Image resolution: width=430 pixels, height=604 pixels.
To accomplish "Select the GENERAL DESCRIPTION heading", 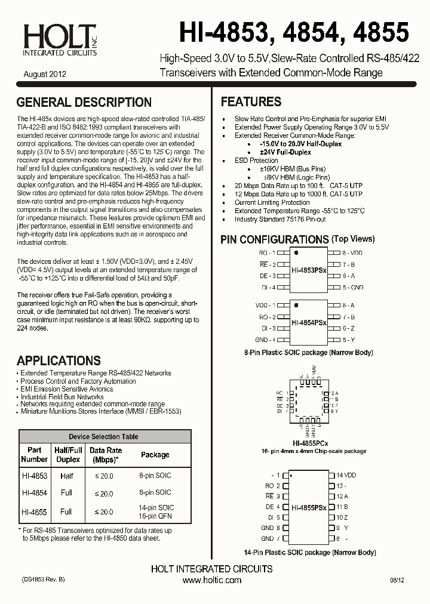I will pos(84,102).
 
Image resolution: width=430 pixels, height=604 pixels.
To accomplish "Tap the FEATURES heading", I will pos(251,101).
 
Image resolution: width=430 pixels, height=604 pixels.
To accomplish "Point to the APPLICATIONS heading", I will pos(59,360).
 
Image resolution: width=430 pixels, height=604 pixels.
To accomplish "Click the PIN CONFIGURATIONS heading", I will pos(274,239).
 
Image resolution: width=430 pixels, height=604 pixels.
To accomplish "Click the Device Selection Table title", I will pos(103,437).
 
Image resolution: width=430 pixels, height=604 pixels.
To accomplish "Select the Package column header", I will pos(155,455).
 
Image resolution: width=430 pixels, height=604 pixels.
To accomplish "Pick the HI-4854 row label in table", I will pos(34,493).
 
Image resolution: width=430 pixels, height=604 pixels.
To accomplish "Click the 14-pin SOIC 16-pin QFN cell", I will pos(155,511).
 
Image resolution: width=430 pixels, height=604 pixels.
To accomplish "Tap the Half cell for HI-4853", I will pos(67,476).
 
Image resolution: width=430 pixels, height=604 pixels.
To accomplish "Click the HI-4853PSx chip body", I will pos(309,270).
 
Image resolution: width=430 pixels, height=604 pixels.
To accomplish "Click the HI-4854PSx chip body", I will pos(309,322).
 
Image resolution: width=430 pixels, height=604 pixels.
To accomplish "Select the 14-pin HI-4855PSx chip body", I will pos(309,507).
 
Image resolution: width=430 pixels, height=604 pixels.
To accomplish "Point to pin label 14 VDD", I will pos(346,475).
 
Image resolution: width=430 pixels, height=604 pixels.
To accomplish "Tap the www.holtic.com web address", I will pos(212,580).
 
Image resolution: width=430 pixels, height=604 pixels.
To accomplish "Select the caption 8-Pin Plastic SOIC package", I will pos(308,353).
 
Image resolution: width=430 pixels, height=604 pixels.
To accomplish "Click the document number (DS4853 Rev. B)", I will pos(43,580).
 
